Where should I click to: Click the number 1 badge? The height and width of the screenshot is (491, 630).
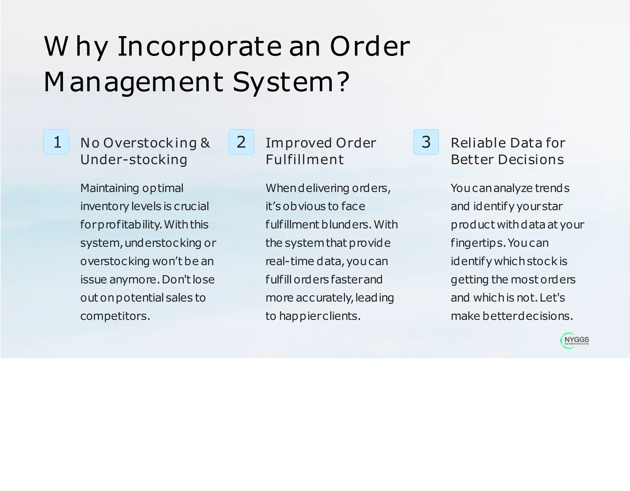pyautogui.click(x=56, y=142)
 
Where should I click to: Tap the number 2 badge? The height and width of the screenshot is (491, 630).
pyautogui.click(x=241, y=142)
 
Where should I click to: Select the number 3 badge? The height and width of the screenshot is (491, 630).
pyautogui.click(x=426, y=142)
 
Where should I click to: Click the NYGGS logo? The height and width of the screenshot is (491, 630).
pyautogui.click(x=575, y=341)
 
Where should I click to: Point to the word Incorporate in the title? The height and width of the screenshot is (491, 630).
pyautogui.click(x=199, y=47)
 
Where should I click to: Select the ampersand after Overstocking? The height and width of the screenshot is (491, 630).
pyautogui.click(x=205, y=143)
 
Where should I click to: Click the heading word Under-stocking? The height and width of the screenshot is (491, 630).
pyautogui.click(x=134, y=160)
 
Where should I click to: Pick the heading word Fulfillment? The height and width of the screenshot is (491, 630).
pyautogui.click(x=305, y=160)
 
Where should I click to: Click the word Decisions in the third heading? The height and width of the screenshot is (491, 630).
pyautogui.click(x=531, y=160)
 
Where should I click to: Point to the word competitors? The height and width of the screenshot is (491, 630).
pyautogui.click(x=115, y=316)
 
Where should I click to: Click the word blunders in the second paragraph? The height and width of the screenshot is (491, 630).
pyautogui.click(x=346, y=225)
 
